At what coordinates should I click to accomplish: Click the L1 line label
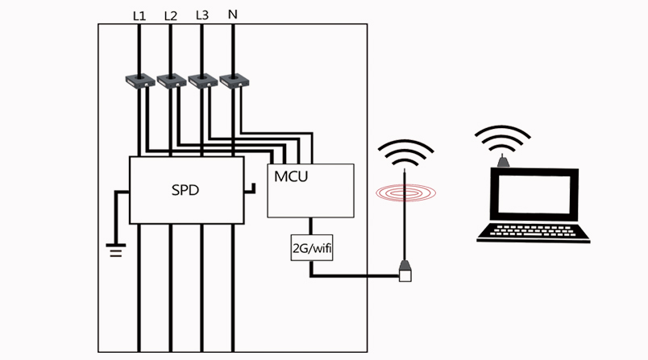coord(139,15)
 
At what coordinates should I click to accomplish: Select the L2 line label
coord(170,15)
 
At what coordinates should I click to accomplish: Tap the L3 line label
coord(201,15)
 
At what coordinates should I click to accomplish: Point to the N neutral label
coord(233,15)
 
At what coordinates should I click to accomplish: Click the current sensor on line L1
coord(139,81)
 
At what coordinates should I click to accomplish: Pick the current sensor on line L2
coord(171,81)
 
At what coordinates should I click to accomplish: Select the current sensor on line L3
coord(202,81)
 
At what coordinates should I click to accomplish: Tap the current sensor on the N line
coord(233,81)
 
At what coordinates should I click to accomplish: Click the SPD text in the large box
coord(185,192)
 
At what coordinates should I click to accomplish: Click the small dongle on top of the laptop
coord(503,161)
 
